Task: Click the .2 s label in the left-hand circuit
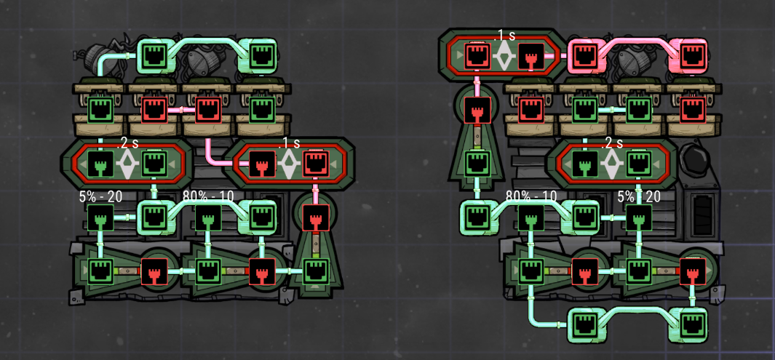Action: point(127,144)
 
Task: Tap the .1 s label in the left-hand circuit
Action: point(289,144)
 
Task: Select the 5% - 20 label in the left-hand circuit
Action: point(100,197)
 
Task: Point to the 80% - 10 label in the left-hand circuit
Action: point(208,196)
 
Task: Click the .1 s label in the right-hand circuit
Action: point(504,36)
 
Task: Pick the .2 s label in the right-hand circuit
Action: point(613,144)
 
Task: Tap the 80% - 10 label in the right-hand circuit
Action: point(531,196)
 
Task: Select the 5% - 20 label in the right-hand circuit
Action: point(639,197)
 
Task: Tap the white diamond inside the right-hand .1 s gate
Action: point(503,55)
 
